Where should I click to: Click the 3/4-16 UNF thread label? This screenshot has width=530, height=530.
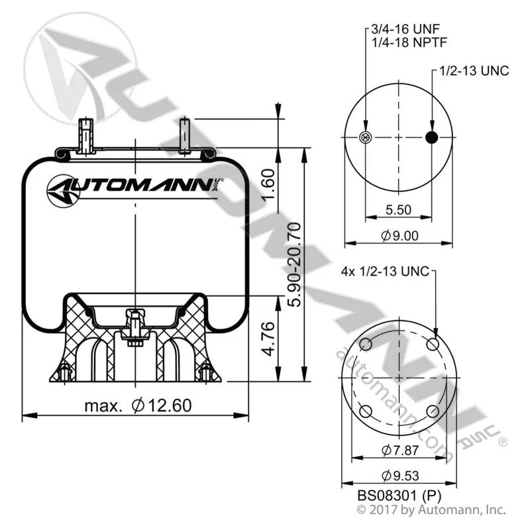[x=405, y=29]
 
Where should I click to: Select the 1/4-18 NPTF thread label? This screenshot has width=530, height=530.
[x=409, y=42]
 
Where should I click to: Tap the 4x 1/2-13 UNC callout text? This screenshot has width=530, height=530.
[x=385, y=271]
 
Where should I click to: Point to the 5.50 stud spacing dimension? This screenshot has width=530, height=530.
[x=399, y=210]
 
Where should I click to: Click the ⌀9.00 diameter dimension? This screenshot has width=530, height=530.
[x=399, y=236]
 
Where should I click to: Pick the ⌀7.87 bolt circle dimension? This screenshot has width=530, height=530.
[x=400, y=450]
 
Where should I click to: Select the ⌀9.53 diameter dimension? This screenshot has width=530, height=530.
[x=400, y=476]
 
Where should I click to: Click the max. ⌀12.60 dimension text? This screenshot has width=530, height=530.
[x=138, y=405]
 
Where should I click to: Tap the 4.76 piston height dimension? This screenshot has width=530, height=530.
[x=269, y=339]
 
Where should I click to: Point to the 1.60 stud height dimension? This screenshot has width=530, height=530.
[x=269, y=185]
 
